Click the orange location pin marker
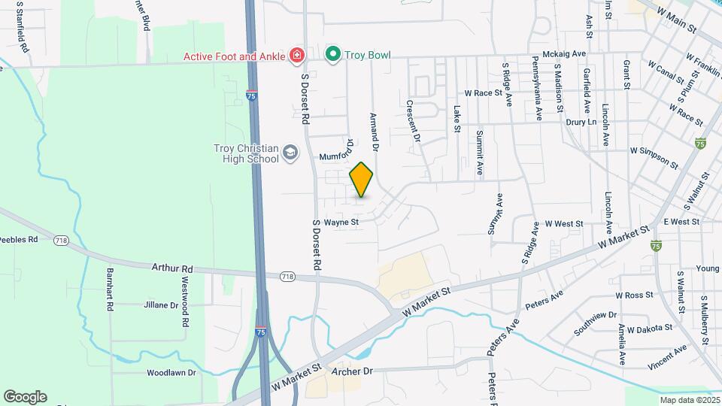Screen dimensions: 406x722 pos(362,179)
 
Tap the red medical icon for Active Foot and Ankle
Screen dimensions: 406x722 pos(297,55)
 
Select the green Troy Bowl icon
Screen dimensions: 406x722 pos(332,54)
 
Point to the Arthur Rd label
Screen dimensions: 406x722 pos(172,268)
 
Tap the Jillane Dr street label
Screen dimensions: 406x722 pos(161,306)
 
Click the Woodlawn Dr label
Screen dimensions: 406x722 pos(171,372)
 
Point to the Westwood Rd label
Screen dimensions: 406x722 pos(185,301)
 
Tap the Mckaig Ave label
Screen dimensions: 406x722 pos(564,55)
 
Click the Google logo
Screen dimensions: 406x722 pos(25,397)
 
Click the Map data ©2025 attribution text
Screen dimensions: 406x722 pos(690,400)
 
